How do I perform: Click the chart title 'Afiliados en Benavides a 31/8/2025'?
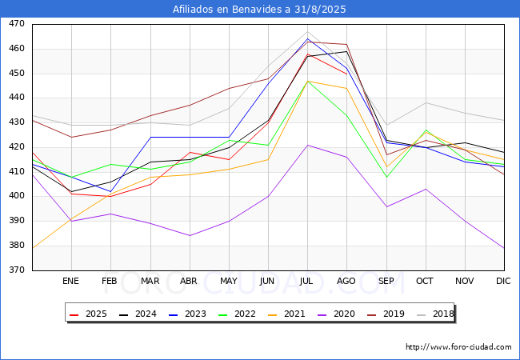pos(259,9)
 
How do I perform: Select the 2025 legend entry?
pos(88,314)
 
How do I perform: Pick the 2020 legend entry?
pos(336,314)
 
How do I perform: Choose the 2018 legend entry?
pos(435,314)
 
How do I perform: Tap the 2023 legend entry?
pos(187,314)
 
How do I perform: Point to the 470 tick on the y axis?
pos(17,24)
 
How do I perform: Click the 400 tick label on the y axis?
pos(17,196)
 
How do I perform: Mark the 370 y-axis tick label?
pos(17,270)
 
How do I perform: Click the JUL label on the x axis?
pos(306,281)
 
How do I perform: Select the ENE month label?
pos(70,281)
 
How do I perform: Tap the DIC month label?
pos(503,281)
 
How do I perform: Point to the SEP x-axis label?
pos(386,281)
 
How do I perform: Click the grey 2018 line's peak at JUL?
pos(308,32)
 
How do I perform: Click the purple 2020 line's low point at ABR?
pos(190,236)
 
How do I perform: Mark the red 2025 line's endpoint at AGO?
pos(347,74)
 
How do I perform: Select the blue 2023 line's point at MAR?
pos(151,138)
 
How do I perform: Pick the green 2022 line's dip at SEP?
pos(386,178)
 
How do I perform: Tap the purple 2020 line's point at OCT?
pos(426,190)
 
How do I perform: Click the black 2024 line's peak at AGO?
pos(347,51)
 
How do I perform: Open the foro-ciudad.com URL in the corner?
pos(458,347)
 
